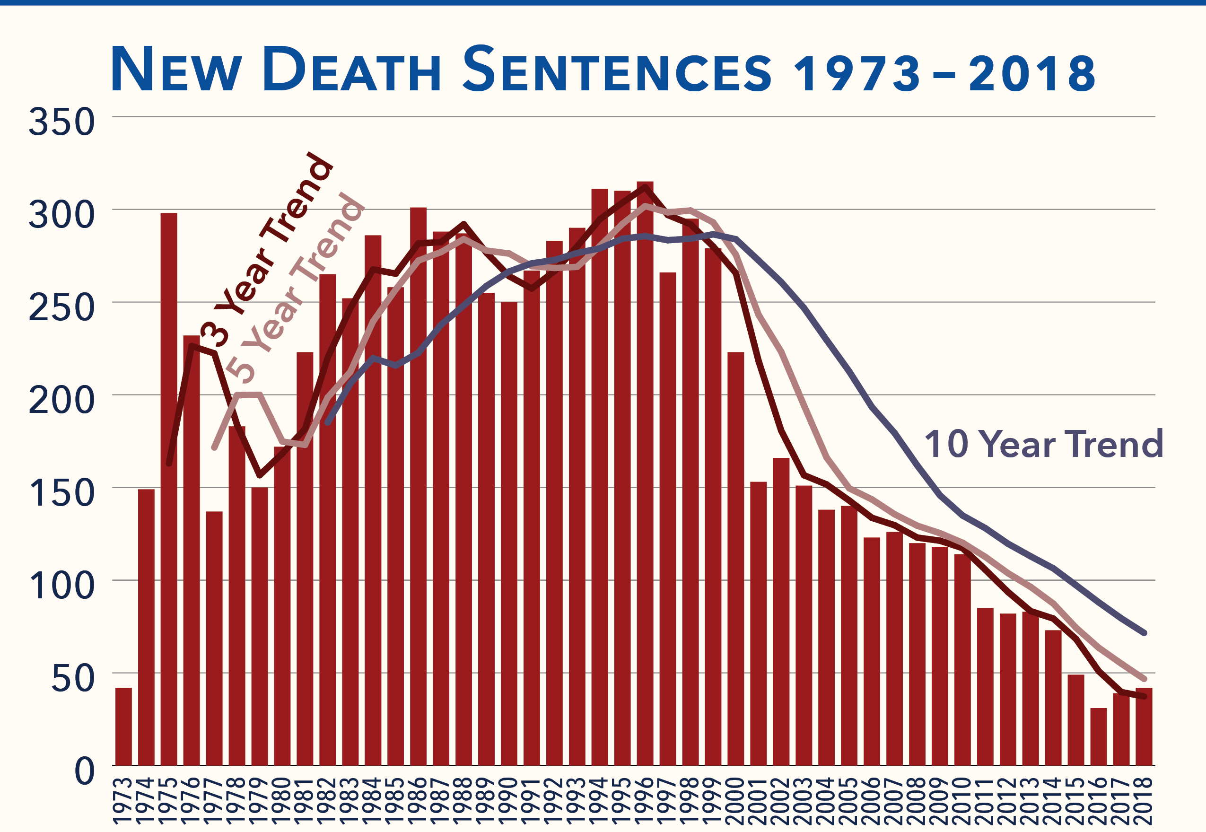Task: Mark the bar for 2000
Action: click(x=735, y=558)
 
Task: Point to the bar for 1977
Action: click(x=214, y=638)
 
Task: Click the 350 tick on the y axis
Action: click(x=61, y=123)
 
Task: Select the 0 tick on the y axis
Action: click(x=85, y=771)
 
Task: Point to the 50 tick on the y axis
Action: click(x=73, y=679)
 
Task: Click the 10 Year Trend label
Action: click(x=1043, y=445)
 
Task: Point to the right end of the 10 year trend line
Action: click(x=1144, y=633)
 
